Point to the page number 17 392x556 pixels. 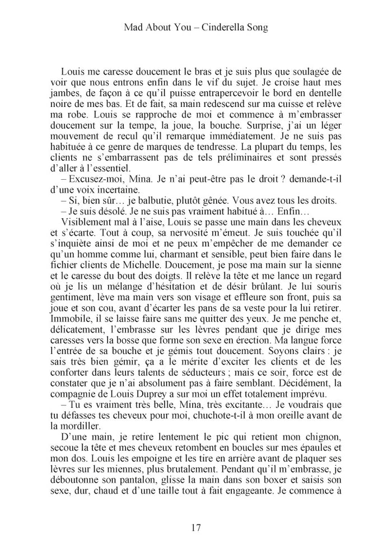196,527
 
